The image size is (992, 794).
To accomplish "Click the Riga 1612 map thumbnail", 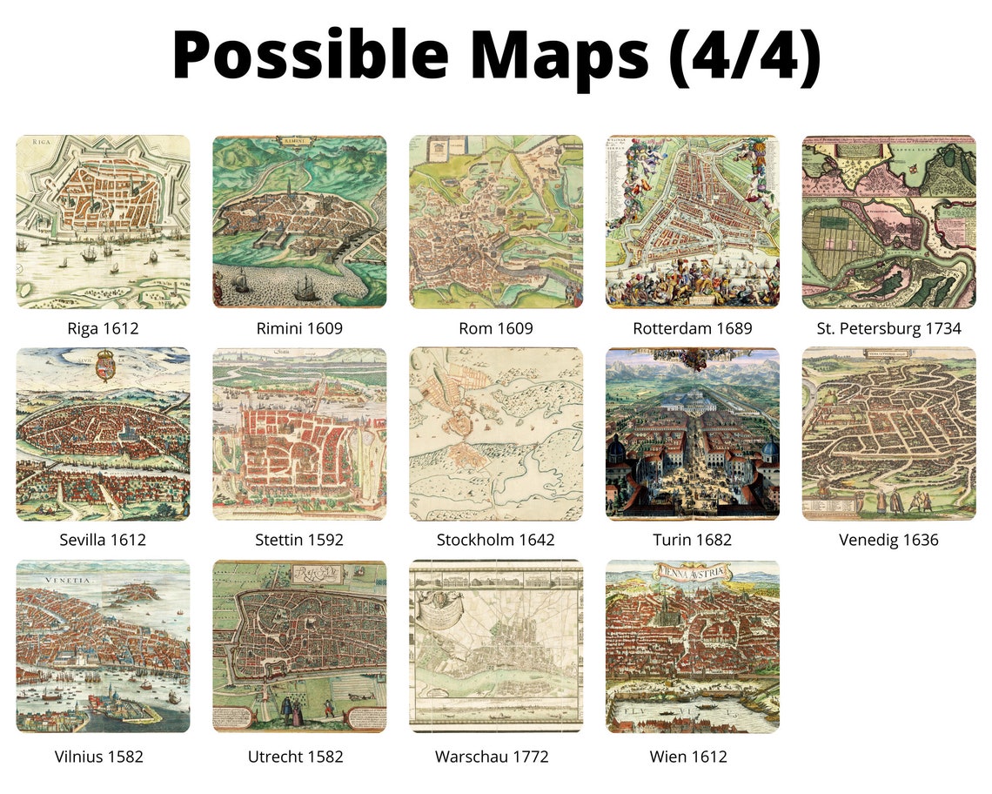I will [103, 221].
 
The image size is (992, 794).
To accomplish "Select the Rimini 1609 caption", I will [299, 328].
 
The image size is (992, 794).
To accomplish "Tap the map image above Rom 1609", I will [496, 221].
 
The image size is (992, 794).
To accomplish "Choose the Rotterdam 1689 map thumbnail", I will [693, 221].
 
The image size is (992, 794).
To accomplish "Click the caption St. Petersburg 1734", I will [888, 328].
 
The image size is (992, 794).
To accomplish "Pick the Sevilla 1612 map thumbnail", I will [103, 434].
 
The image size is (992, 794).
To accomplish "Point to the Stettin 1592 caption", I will [299, 540].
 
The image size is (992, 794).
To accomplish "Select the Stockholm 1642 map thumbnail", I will [496, 434].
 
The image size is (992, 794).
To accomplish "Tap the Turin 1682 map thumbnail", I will [693, 434].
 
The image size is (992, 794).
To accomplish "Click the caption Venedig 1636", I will [888, 540].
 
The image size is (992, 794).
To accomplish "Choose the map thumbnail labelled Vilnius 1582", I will [103, 646].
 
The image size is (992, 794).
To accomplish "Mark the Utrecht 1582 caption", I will [299, 757].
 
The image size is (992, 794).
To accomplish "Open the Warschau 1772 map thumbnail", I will [496, 646].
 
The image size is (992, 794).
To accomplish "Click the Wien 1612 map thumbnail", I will [693, 646].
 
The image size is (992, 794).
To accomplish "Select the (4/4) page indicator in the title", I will [745, 54].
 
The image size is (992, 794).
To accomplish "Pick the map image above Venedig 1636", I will [888, 434].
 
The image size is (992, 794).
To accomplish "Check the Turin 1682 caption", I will [693, 540].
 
